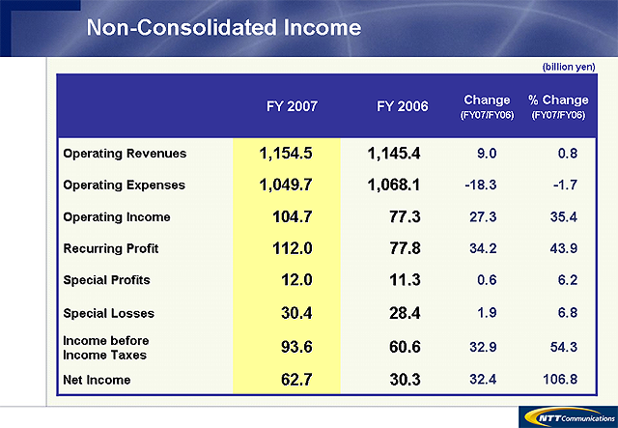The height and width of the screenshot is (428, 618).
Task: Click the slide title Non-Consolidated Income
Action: (223, 28)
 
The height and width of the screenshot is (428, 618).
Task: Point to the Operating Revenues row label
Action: (125, 154)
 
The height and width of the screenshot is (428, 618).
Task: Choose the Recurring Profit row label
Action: (110, 248)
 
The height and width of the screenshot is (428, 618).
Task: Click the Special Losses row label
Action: (108, 313)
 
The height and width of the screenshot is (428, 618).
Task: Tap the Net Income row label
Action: (97, 380)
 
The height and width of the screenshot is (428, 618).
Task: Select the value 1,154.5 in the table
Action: (287, 154)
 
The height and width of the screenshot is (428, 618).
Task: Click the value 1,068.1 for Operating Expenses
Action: (395, 185)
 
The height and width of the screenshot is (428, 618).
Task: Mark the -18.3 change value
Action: (484, 185)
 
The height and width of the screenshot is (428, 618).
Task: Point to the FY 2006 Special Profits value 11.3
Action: (403, 280)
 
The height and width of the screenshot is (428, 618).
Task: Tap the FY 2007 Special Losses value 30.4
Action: (294, 313)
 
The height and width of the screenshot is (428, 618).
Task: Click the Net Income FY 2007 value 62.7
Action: (294, 380)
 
